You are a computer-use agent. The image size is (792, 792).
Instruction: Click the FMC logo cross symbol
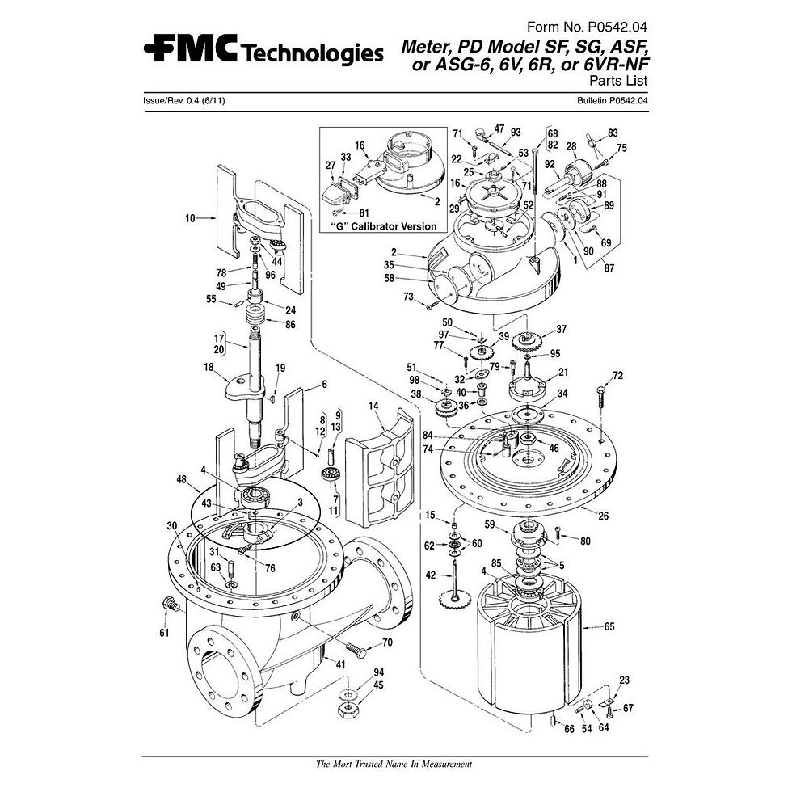pos(154,48)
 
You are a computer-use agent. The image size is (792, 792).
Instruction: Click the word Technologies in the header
pos(312,53)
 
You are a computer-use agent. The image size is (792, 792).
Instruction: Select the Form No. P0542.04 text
pos(587,27)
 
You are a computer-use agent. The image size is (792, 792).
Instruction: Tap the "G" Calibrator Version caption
pos(384,226)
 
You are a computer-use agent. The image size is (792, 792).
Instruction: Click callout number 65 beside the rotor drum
pos(609,626)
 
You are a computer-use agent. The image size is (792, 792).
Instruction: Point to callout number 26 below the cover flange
pos(603,516)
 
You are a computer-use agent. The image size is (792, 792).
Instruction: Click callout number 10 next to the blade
pos(190,218)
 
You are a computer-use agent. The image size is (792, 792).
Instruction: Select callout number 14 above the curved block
pos(373,406)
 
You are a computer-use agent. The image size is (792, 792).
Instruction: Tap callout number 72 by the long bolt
pos(617,375)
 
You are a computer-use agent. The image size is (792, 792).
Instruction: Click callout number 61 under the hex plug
pos(164,632)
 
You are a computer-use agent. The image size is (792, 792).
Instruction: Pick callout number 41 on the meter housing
pos(340,664)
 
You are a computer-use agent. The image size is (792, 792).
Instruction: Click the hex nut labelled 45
pos(348,708)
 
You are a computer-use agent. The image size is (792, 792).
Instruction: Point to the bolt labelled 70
pos(356,649)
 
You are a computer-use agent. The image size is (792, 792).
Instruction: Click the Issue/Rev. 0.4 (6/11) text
pos(184,100)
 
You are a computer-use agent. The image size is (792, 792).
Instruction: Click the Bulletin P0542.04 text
pos(613,100)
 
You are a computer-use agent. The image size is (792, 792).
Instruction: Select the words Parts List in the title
pos(618,80)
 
